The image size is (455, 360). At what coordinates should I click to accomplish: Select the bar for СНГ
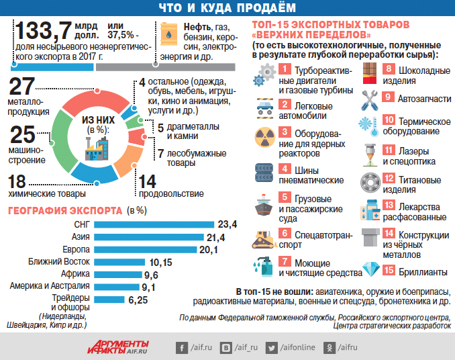(153, 224)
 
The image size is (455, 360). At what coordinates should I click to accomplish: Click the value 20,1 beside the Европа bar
(208, 250)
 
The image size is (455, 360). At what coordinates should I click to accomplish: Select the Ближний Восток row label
(58, 262)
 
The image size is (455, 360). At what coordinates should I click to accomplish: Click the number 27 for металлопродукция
(21, 87)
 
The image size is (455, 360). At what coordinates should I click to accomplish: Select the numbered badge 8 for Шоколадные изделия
(388, 69)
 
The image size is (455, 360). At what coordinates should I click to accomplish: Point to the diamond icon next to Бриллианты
(371, 271)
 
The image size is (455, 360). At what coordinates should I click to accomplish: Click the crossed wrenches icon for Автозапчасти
(370, 99)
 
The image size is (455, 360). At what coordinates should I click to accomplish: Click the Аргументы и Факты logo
(117, 346)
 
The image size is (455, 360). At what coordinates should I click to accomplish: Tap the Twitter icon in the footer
(272, 347)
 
